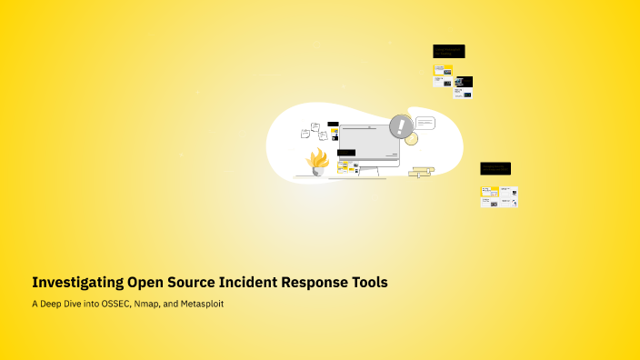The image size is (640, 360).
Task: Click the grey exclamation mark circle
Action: click(x=400, y=126)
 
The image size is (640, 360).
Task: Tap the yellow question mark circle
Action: click(x=411, y=139)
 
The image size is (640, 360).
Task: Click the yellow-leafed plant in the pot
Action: click(x=317, y=158)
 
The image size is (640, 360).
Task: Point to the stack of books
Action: click(x=421, y=171)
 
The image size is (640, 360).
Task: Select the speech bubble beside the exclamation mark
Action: click(x=425, y=123)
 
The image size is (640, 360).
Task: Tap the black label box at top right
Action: click(x=448, y=51)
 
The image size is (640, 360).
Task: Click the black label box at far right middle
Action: click(x=495, y=168)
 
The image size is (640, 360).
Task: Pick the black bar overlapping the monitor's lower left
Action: click(x=345, y=153)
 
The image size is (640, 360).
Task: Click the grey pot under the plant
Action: click(x=318, y=170)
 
